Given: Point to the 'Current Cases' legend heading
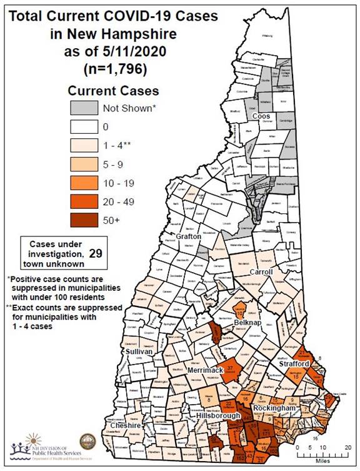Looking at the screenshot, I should (113, 91).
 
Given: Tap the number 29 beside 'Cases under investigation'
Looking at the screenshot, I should (96, 253).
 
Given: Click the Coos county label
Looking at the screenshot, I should (260, 116).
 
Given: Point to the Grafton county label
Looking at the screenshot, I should (188, 237).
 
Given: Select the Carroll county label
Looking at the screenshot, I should (262, 272).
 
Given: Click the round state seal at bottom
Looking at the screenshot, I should (88, 443).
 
